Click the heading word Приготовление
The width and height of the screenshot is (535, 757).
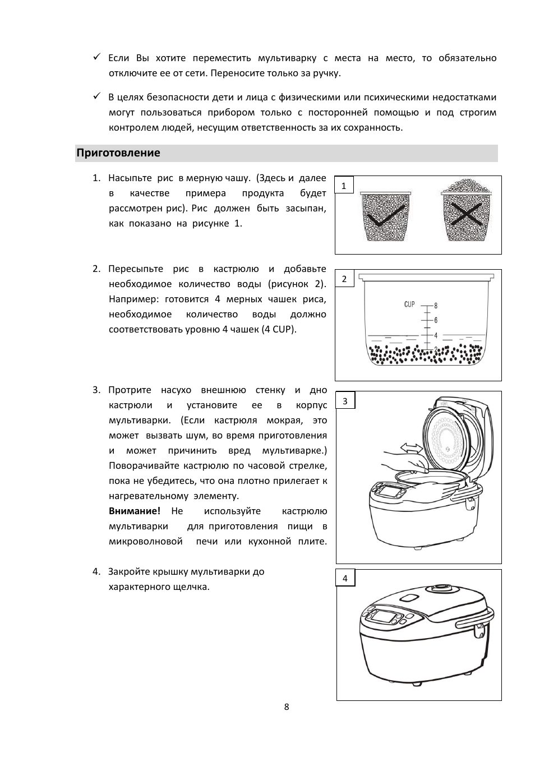tap(118, 153)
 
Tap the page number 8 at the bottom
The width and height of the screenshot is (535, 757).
tap(287, 707)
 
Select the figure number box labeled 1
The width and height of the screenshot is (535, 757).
tap(344, 186)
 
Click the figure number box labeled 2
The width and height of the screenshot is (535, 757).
tap(344, 279)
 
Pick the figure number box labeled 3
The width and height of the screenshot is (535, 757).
tap(345, 401)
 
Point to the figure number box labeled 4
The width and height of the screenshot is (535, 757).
tap(345, 579)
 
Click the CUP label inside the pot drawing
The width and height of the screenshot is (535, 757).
tap(409, 304)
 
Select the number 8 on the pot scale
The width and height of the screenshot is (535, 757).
tap(436, 306)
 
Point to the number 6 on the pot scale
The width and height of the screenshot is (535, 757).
tap(436, 320)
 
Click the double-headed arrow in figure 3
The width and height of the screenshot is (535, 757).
tap(411, 447)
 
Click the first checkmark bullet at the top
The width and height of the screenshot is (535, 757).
tap(96, 57)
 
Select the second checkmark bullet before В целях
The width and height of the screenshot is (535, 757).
tap(96, 96)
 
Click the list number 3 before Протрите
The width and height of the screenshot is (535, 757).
tap(96, 390)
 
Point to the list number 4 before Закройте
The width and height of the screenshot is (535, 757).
tap(96, 571)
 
